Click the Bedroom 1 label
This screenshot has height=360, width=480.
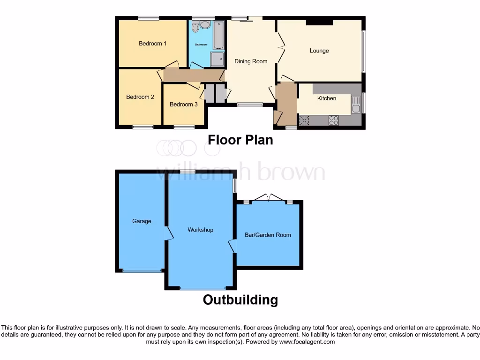pyautogui.click(x=152, y=44)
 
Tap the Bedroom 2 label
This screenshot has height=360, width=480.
pyautogui.click(x=140, y=97)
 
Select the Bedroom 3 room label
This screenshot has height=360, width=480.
pyautogui.click(x=183, y=105)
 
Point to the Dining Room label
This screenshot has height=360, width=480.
pyautogui.click(x=251, y=61)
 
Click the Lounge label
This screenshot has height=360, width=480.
pyautogui.click(x=319, y=51)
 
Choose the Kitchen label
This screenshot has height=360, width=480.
pyautogui.click(x=327, y=98)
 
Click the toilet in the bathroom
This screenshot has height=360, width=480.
pyautogui.click(x=195, y=27)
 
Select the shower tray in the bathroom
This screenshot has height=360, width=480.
pyautogui.click(x=217, y=59)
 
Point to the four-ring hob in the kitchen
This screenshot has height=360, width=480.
pyautogui.click(x=334, y=120)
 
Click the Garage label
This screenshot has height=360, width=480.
pyautogui.click(x=142, y=221)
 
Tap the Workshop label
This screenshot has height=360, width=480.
pyautogui.click(x=200, y=230)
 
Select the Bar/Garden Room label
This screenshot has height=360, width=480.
pyautogui.click(x=268, y=235)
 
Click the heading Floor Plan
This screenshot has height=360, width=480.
pyautogui.click(x=240, y=140)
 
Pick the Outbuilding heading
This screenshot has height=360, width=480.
pyautogui.click(x=240, y=300)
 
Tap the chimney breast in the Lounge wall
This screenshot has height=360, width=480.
pyautogui.click(x=320, y=22)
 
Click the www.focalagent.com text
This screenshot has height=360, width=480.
pyautogui.click(x=307, y=342)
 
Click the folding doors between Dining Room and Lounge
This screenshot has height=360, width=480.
pyautogui.click(x=280, y=47)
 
